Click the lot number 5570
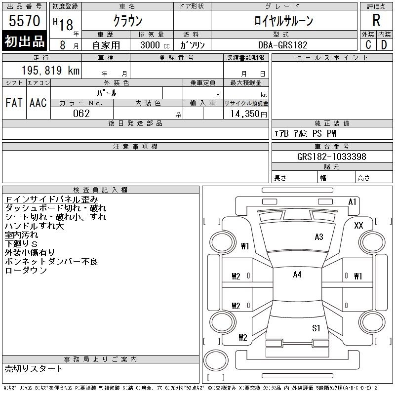pyautogui.click(x=24, y=20)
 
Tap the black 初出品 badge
pyautogui.click(x=24, y=41)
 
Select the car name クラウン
pyautogui.click(x=128, y=20)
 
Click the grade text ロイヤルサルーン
pyautogui.click(x=283, y=20)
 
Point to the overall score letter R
pyautogui.click(x=376, y=20)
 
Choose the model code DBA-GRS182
pyautogui.click(x=283, y=45)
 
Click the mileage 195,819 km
pyautogui.click(x=50, y=70)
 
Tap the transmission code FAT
pyautogui.click(x=14, y=103)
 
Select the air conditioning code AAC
pyautogui.click(x=38, y=103)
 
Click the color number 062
pyautogui.click(x=81, y=114)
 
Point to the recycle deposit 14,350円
pyautogui.click(x=248, y=114)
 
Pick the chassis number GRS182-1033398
pyautogui.click(x=331, y=157)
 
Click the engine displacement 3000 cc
pyautogui.click(x=155, y=45)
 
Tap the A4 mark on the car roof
pyautogui.click(x=297, y=275)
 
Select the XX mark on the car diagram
pyautogui.click(x=358, y=225)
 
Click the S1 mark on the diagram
pyautogui.click(x=316, y=328)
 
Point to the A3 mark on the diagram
pyautogui.click(x=319, y=237)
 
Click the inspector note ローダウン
pyautogui.click(x=26, y=270)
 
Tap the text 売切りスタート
pyautogui.click(x=34, y=368)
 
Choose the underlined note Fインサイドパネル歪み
pyautogui.click(x=51, y=199)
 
